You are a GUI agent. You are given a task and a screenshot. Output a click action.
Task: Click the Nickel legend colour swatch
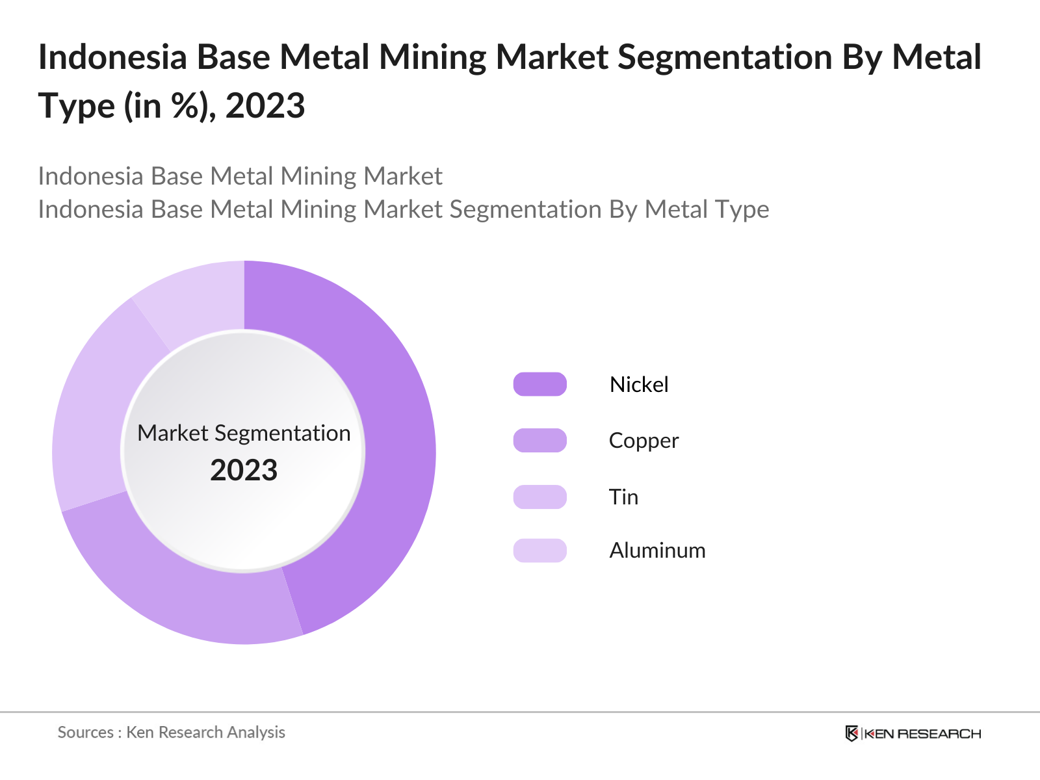pos(539,384)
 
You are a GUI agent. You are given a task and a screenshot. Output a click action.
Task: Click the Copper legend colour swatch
pos(539,441)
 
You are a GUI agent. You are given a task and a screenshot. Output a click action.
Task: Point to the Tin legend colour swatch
pos(539,497)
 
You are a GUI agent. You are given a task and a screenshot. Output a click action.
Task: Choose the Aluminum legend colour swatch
pos(539,551)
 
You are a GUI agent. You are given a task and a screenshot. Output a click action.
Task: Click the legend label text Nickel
pos(638,384)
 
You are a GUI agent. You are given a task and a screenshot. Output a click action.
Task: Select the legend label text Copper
pos(643,441)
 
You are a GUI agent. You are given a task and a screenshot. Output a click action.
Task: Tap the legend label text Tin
pos(623,497)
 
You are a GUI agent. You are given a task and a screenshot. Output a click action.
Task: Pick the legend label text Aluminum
pos(657,551)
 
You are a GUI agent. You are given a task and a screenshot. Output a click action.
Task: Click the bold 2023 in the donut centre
pos(244,470)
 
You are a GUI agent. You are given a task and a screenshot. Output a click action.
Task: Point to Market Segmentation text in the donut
pos(244,433)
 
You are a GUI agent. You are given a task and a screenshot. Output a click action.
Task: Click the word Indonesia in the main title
pos(112,57)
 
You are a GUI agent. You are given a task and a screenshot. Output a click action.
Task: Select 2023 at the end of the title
pos(265,106)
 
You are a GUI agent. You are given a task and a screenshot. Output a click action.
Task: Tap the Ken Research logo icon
pos(851,733)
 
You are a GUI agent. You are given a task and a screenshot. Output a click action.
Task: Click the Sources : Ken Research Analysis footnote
pos(172,732)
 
